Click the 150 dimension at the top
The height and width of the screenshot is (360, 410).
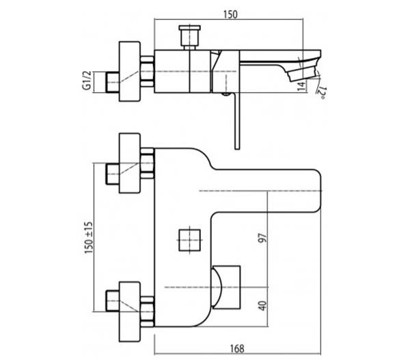pos(231,14)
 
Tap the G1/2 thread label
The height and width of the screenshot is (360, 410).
pos(87,80)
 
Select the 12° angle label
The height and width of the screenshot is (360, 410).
pos(322,93)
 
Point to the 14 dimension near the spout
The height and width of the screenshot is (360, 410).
pos(302,86)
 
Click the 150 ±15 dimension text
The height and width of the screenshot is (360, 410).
pos(89,238)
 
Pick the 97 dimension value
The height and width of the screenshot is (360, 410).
pos(263,238)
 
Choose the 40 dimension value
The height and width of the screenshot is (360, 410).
pos(263,306)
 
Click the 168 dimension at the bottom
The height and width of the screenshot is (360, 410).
pos(237,348)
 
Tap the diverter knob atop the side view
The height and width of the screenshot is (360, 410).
pos(190,37)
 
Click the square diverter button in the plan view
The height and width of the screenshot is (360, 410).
pos(189,240)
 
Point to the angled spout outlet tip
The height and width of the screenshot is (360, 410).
pos(303,72)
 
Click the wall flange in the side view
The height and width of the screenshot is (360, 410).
pos(130,71)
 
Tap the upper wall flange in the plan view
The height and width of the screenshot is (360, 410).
pos(130,163)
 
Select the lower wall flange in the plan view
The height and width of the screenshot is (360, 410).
pos(130,311)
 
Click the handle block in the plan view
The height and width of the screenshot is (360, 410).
pos(226,288)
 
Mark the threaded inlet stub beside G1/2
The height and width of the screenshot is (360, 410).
pos(113,82)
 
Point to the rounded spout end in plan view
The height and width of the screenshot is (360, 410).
pos(314,191)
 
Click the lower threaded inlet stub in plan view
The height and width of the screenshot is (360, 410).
pos(113,301)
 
